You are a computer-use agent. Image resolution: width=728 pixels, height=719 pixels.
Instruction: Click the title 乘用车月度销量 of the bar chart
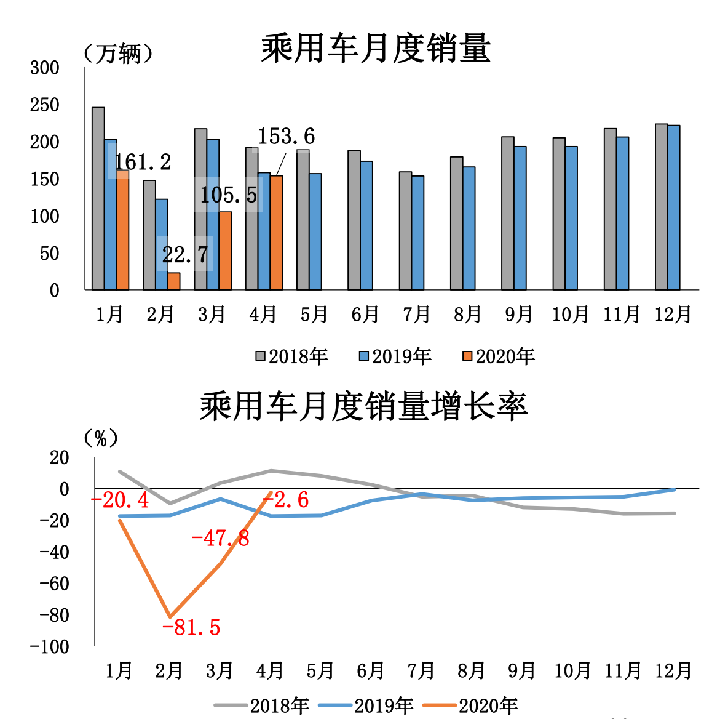click(376, 48)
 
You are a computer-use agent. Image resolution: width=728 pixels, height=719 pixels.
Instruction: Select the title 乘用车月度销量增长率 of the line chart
click(363, 406)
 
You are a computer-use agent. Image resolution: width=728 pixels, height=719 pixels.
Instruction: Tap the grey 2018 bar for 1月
click(98, 198)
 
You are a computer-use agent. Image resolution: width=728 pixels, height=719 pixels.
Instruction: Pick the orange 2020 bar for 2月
click(174, 281)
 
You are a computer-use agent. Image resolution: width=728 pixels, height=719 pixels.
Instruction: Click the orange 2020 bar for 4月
click(276, 233)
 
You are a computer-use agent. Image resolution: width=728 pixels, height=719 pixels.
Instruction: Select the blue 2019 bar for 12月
click(674, 207)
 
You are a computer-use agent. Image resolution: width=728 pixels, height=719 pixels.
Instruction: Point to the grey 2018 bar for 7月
click(405, 231)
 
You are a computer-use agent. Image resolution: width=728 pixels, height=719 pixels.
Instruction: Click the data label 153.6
click(286, 137)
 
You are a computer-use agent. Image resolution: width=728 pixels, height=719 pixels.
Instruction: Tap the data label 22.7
click(185, 254)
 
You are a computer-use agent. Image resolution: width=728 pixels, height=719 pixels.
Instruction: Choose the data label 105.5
click(229, 195)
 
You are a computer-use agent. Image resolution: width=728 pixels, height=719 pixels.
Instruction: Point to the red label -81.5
click(191, 627)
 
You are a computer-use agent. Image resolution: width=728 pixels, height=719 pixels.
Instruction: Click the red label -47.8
click(220, 539)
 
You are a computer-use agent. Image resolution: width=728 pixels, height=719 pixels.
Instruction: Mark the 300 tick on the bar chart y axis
click(45, 68)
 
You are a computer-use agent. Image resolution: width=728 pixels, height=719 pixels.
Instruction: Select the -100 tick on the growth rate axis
click(50, 646)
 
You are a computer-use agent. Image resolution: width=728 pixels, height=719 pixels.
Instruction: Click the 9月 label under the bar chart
click(519, 315)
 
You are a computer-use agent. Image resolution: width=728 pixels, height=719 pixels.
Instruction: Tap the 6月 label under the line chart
click(370, 670)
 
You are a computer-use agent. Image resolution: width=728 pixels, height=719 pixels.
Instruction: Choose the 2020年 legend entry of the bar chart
click(499, 356)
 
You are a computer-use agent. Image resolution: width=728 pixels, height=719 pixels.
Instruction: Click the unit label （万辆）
click(118, 54)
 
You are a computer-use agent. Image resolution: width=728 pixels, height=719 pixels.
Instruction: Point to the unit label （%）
click(100, 438)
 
